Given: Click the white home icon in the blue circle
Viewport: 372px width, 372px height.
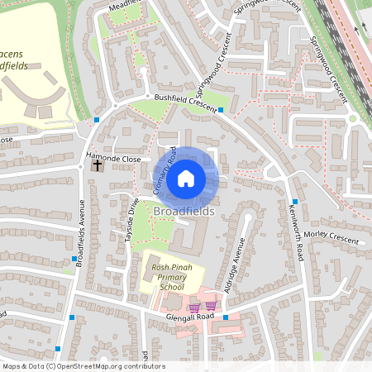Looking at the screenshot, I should pos(186,178).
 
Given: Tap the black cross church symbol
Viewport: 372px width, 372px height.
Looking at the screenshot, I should pos(98,165).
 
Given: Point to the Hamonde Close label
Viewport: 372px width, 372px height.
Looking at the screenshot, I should pos(115,156).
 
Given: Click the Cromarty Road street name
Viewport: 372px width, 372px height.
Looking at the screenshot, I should pos(165,172).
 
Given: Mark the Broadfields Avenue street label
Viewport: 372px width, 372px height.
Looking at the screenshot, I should pos(80,236).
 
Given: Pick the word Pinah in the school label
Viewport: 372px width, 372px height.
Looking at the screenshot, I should pos(182,267).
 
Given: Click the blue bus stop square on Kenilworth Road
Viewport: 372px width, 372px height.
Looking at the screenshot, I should pos(294,201).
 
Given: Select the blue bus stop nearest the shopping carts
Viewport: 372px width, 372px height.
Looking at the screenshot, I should pos(225,317).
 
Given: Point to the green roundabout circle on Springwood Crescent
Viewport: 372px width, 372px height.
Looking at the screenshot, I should pos(352,118).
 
